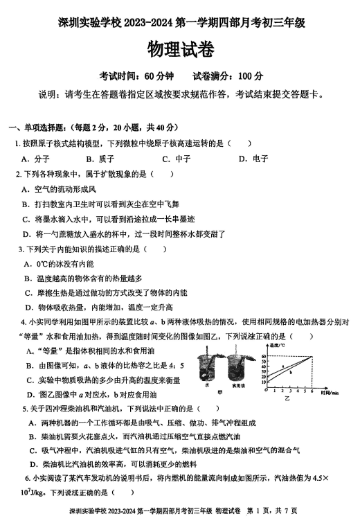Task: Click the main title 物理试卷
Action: point(180,50)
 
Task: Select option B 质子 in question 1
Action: point(100,159)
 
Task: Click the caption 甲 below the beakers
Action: point(219,392)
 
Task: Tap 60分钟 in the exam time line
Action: point(160,76)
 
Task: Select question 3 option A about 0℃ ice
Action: point(59,264)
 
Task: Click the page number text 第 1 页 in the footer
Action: point(261,511)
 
